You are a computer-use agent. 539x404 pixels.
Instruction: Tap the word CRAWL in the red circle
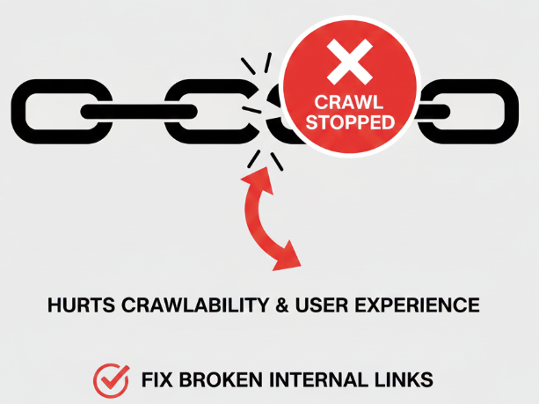coord(350,102)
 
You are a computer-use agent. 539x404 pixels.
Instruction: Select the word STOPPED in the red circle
coord(350,123)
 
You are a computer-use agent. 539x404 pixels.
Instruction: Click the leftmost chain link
coord(58,111)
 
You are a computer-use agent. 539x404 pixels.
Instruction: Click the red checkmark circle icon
coord(111,380)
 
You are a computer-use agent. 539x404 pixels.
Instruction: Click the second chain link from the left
coord(204,111)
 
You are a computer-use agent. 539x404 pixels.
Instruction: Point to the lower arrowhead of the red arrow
coord(288,258)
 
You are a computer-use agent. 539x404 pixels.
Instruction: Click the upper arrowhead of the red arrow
coord(254,180)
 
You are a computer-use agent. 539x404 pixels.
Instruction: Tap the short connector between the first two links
coord(131,111)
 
